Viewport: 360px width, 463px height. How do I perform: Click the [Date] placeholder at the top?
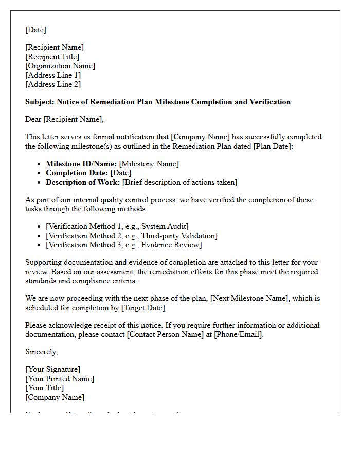click(35, 30)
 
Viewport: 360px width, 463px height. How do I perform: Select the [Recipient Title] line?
click(52, 57)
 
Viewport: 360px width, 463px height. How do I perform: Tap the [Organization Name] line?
click(60, 66)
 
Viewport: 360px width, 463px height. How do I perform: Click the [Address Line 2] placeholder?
click(53, 84)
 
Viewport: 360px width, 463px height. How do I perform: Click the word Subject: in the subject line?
click(40, 102)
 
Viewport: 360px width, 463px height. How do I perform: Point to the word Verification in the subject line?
click(270, 102)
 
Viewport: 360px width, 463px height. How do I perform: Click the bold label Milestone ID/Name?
click(81, 164)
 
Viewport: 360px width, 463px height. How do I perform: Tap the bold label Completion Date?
click(77, 173)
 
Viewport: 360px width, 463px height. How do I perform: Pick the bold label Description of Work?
click(83, 182)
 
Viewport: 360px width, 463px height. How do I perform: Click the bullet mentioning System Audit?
click(117, 226)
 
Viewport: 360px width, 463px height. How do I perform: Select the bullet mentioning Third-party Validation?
click(132, 236)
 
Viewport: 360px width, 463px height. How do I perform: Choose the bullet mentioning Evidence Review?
click(123, 245)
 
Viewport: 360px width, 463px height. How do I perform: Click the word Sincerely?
click(41, 352)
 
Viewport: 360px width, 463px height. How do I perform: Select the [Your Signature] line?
click(53, 369)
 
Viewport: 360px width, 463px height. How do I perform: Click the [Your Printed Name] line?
click(60, 379)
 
